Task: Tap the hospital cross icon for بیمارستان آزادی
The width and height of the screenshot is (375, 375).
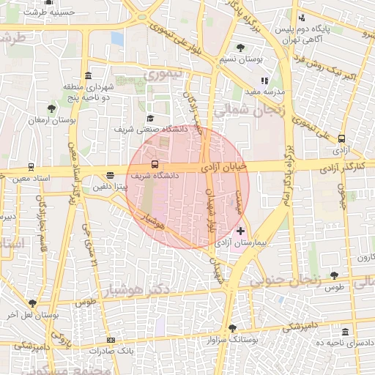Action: click(241, 231)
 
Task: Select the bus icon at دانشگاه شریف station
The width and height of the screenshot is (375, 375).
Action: click(154, 165)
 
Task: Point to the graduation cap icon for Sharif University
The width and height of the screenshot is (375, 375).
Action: click(150, 118)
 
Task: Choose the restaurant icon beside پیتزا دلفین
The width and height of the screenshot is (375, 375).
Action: click(110, 176)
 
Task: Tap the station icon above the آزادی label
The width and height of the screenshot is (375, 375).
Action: click(341, 138)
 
